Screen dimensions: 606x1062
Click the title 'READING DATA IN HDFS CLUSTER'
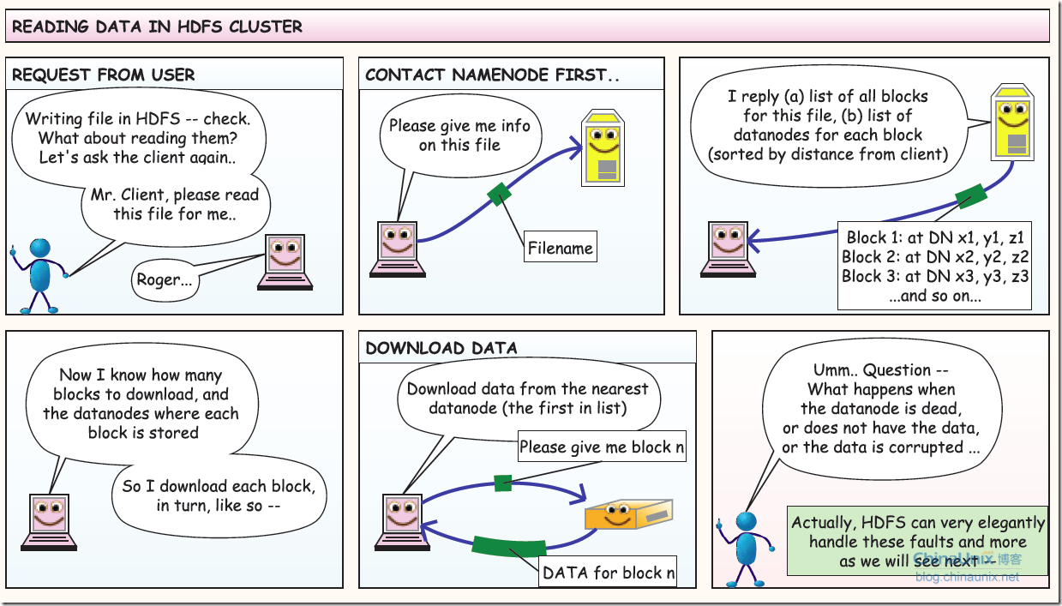coord(158,27)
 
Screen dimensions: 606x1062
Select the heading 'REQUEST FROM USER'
coord(104,75)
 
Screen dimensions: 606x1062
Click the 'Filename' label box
coord(560,249)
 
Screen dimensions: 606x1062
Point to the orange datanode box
coord(627,514)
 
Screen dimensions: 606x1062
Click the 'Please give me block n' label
coord(603,447)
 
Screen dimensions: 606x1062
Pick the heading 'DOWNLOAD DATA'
coord(441,348)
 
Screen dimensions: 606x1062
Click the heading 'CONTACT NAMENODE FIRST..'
coord(492,75)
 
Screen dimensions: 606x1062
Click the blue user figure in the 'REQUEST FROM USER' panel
coord(39,273)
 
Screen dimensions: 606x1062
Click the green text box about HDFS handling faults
coord(917,541)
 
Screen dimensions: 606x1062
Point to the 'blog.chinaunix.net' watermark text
coord(967,577)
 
